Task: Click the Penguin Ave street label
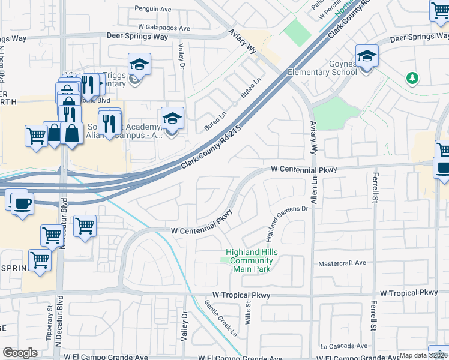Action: [154, 10]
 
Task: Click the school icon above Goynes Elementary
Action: [367, 57]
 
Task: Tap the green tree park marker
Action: [412, 78]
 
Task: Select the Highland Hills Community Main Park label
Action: [252, 260]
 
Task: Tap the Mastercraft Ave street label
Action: [342, 263]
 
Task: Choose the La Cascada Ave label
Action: [343, 346]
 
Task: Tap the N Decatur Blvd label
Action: [59, 324]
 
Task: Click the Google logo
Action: [20, 353]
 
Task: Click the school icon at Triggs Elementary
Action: [139, 65]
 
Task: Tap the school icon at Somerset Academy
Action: [172, 119]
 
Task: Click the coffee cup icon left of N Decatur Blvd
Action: [22, 203]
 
